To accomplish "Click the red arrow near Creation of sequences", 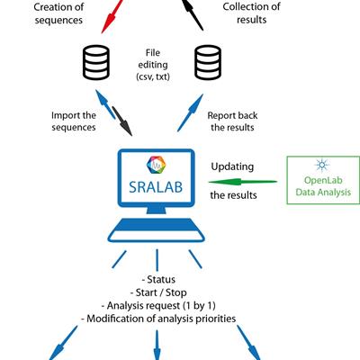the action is click(x=112, y=16).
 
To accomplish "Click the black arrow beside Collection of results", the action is click(x=193, y=15).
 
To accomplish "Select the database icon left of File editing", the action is click(x=96, y=62).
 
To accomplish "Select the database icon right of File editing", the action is click(x=208, y=62).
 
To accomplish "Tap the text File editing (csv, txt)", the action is click(x=153, y=65).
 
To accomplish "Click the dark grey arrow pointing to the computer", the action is click(x=122, y=121).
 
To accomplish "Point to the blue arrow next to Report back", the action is click(x=190, y=112).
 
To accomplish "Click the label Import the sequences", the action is click(x=74, y=121).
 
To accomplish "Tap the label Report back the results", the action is click(x=232, y=121).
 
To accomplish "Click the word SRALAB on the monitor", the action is click(x=156, y=187).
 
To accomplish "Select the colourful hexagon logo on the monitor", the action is click(x=156, y=165).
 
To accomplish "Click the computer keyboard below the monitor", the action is click(x=157, y=230).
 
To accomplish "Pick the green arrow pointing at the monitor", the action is click(x=242, y=182).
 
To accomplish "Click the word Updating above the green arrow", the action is click(x=232, y=166).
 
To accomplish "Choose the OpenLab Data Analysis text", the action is click(x=323, y=186).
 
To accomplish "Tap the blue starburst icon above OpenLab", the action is click(x=322, y=165).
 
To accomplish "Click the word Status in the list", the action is click(x=161, y=279).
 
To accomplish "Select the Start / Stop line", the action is click(x=158, y=292).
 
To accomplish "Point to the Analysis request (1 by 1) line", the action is click(x=158, y=305).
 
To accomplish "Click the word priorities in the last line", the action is click(x=216, y=319).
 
